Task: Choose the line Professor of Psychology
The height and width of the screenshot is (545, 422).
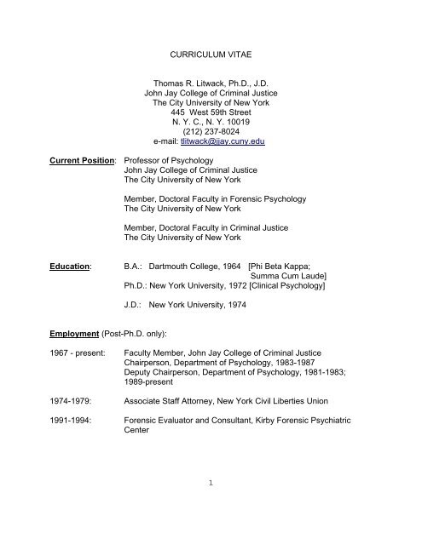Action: (177, 159)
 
